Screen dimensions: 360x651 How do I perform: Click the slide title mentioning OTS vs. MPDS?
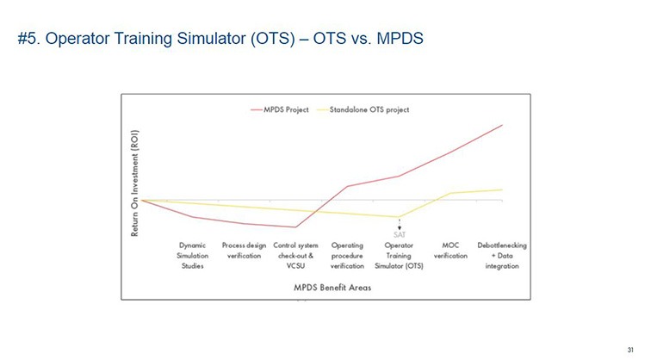click(220, 40)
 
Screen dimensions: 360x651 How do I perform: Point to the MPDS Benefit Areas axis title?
click(332, 288)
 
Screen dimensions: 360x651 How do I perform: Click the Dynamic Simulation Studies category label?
click(192, 255)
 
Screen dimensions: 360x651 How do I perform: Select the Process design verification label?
click(243, 251)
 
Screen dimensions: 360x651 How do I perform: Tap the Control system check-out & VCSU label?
click(294, 255)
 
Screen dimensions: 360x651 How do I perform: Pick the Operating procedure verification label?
click(347, 255)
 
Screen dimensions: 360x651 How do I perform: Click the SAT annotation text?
click(400, 233)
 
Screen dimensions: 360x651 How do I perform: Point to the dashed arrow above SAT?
click(400, 223)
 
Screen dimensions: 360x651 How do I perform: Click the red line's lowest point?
click(295, 227)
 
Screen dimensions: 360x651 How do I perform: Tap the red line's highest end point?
click(502, 125)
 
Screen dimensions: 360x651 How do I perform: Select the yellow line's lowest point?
click(399, 217)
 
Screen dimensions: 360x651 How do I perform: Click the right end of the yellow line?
click(502, 189)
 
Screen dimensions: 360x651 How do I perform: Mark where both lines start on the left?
click(142, 199)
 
